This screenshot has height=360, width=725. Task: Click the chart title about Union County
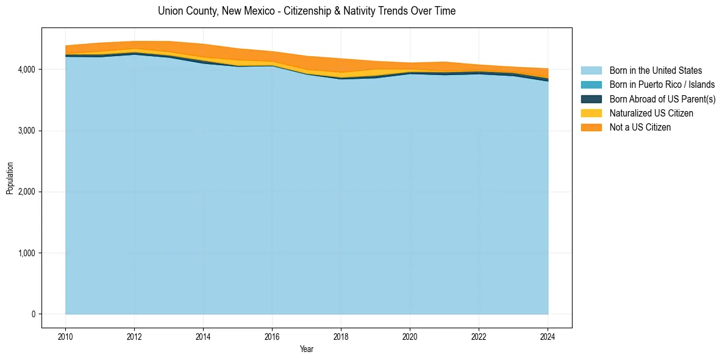[306, 11]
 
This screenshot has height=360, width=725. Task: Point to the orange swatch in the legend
[591, 127]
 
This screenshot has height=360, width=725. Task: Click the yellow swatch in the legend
[591, 113]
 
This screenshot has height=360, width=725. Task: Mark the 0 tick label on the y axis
[34, 314]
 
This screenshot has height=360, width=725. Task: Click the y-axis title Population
[10, 178]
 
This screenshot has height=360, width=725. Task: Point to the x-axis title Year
[307, 349]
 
